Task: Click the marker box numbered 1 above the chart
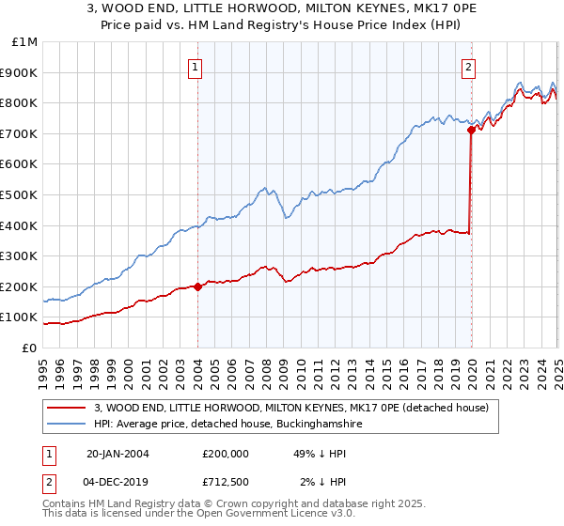pos(195,66)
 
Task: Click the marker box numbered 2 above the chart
pos(468,66)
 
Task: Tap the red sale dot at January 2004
pos(198,287)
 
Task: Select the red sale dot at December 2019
pos(470,131)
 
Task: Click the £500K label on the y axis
pos(20,195)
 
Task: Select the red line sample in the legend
pos(66,409)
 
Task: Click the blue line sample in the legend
pos(66,425)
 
